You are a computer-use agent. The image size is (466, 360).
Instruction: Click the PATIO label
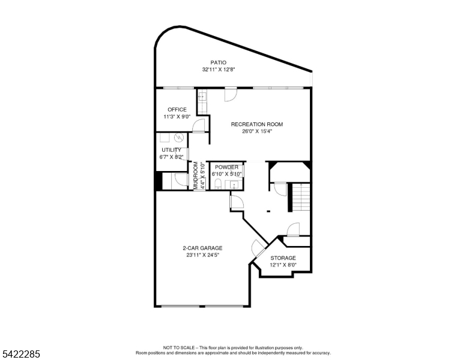point(218,62)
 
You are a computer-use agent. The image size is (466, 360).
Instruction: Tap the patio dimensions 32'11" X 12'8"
point(218,70)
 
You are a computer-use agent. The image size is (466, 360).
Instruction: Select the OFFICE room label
point(177,109)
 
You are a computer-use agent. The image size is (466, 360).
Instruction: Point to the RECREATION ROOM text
point(257,124)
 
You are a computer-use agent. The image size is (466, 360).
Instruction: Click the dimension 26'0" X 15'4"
point(257,131)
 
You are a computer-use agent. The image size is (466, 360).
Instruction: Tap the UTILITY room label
point(171,150)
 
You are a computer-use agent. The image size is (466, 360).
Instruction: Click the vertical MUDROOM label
point(195,175)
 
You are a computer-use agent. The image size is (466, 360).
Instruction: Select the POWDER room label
point(226,167)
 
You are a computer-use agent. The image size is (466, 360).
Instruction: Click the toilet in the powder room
point(219,184)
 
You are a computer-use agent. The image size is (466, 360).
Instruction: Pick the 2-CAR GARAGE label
point(202,248)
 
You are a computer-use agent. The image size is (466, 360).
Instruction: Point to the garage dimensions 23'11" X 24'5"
point(202,255)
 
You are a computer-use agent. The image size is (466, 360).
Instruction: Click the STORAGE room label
point(283,257)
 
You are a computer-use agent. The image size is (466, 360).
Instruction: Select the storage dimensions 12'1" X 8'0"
point(283,265)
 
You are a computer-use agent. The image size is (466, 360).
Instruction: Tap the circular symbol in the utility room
point(178,137)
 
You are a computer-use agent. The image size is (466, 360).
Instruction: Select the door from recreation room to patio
point(231,95)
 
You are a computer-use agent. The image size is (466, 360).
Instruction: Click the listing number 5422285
point(20,355)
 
